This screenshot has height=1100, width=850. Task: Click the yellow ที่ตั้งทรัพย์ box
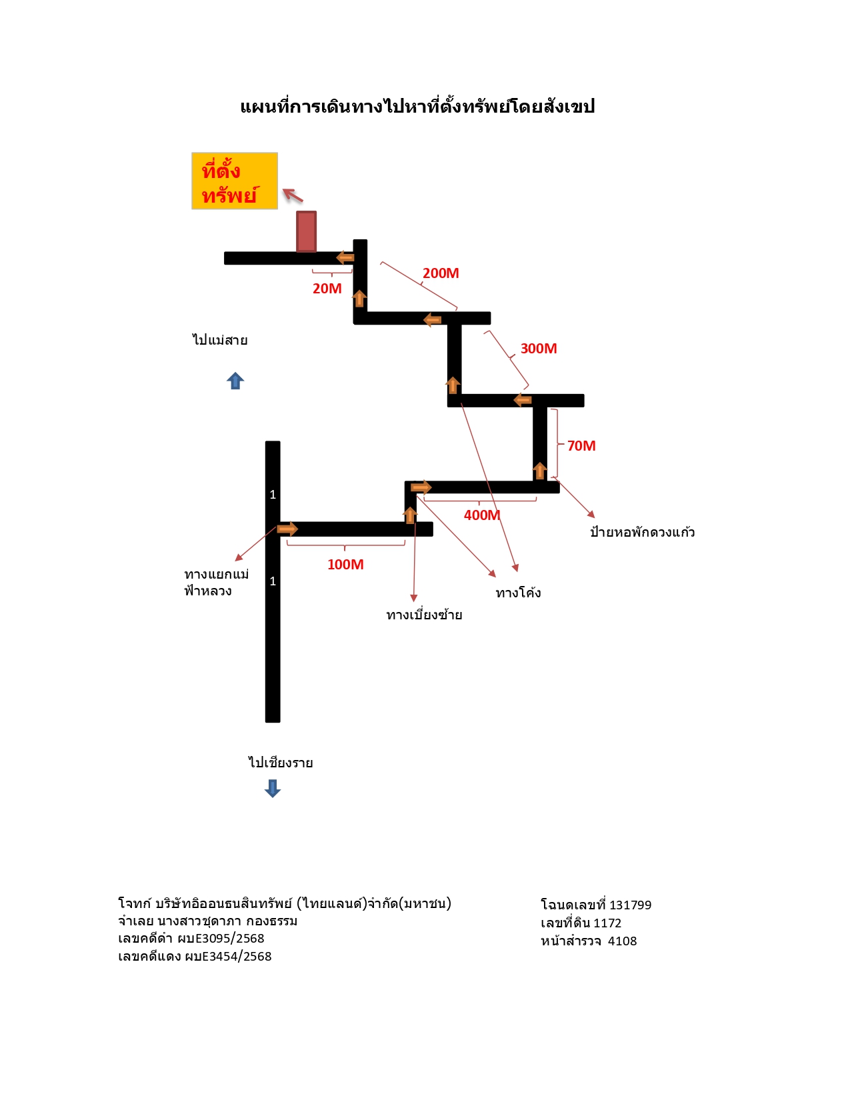click(235, 181)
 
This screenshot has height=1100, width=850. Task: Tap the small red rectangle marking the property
click(306, 231)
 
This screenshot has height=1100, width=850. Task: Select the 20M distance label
click(327, 289)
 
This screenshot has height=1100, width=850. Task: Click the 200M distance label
click(441, 273)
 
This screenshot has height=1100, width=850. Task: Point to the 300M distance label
click(539, 348)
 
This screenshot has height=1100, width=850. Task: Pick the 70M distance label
click(581, 445)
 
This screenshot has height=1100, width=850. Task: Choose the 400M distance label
click(482, 515)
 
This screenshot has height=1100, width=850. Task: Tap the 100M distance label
click(346, 565)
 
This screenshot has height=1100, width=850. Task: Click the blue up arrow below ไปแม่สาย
click(235, 381)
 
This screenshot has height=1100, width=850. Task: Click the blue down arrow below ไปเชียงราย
click(273, 788)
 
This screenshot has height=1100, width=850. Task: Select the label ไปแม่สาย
click(220, 340)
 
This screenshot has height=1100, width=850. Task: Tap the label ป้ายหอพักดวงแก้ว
click(643, 531)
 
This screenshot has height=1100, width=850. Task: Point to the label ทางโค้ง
click(518, 592)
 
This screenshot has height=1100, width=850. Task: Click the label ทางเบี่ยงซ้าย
click(424, 615)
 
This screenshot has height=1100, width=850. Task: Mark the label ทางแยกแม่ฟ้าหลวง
click(216, 582)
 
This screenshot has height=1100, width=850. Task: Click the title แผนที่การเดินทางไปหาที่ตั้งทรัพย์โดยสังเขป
click(417, 106)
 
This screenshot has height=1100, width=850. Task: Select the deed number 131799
click(630, 905)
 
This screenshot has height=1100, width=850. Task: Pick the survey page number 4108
click(622, 941)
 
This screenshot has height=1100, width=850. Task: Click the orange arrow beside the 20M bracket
click(345, 257)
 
